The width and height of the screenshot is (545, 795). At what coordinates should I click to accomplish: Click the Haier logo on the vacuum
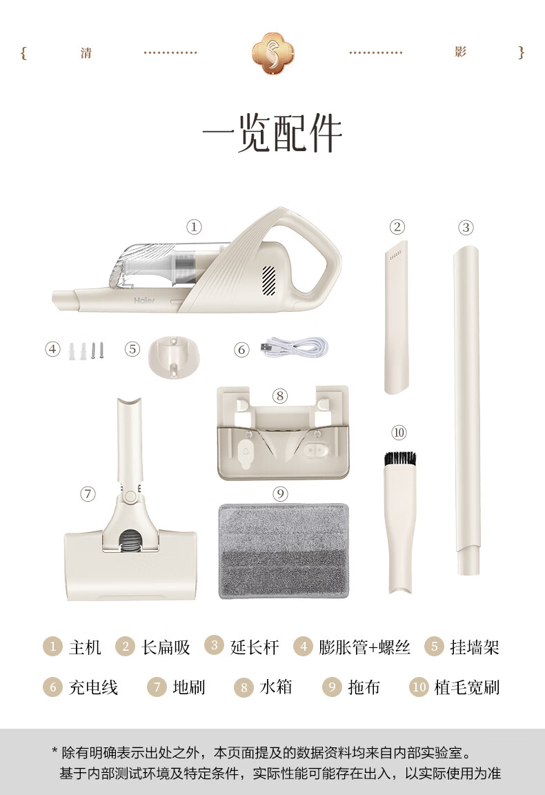point(144,300)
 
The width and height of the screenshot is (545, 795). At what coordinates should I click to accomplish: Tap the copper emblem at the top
point(272,52)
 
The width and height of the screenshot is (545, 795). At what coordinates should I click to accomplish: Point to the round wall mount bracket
point(173,358)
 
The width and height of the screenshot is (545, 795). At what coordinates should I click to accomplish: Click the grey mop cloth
point(284,551)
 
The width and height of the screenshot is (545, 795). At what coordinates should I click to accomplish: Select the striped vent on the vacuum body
point(268,281)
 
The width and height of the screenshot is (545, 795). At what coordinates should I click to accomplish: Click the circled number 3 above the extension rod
point(466,227)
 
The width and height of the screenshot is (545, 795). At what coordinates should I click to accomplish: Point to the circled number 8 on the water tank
point(279,396)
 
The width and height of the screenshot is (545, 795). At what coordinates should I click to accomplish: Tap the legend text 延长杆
point(255,647)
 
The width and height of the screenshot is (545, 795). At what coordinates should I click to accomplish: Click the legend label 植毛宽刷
point(466,687)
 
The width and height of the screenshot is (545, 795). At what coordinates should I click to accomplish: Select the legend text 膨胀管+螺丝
point(364,647)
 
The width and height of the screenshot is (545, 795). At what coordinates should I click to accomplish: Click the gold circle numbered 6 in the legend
point(52,687)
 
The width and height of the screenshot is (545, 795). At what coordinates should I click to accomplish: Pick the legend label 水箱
point(276,687)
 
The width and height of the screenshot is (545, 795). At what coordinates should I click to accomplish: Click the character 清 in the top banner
point(86,53)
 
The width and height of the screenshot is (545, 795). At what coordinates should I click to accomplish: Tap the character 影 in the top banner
point(460,52)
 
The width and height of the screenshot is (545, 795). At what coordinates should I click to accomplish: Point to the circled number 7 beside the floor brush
point(88,494)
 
